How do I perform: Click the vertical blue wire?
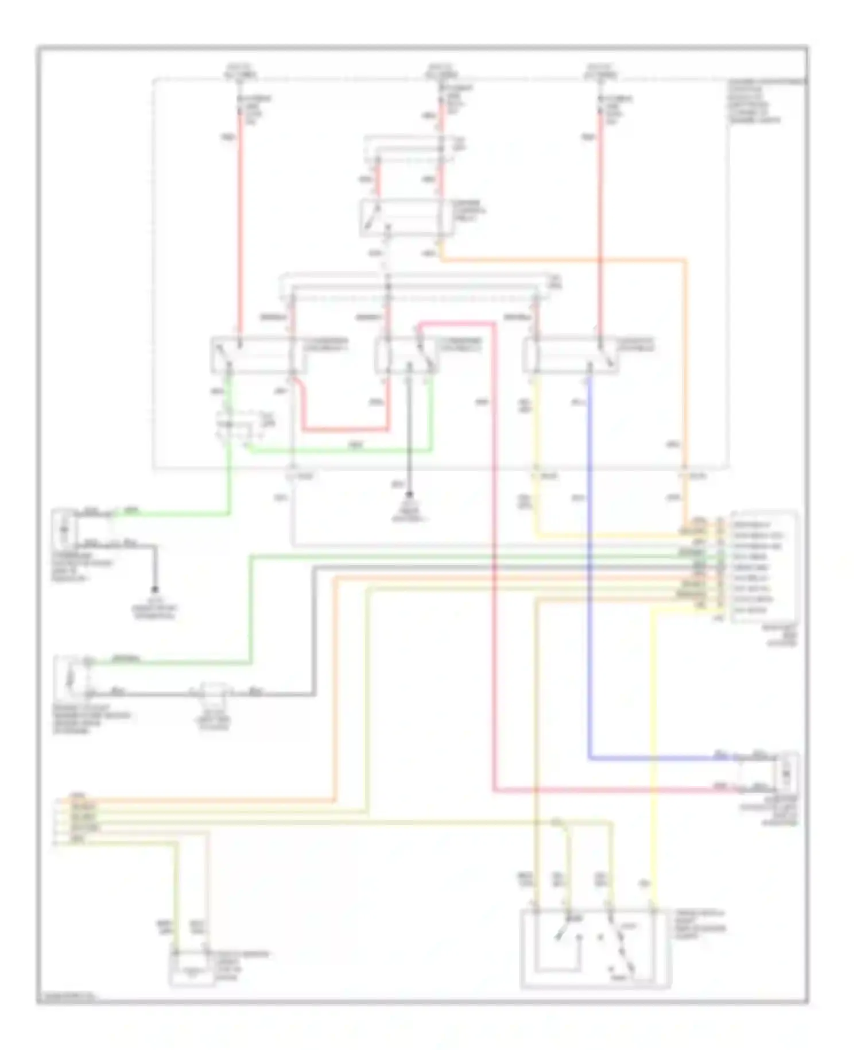click(589, 574)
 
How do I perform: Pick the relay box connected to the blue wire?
click(571, 354)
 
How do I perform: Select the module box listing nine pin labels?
click(763, 566)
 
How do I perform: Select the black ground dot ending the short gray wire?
click(154, 590)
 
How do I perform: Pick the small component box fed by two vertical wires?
click(192, 970)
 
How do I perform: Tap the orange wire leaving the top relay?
click(563, 260)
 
